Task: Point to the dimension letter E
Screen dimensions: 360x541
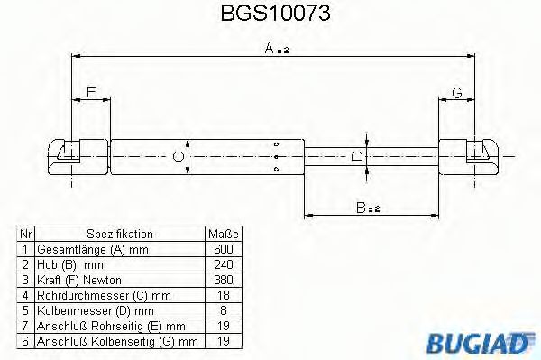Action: click(x=90, y=90)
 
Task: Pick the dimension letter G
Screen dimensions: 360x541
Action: click(x=457, y=92)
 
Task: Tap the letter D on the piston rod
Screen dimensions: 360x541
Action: click(x=358, y=157)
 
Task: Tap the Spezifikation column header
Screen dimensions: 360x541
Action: click(x=119, y=234)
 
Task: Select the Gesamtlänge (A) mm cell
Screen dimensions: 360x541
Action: click(x=90, y=249)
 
